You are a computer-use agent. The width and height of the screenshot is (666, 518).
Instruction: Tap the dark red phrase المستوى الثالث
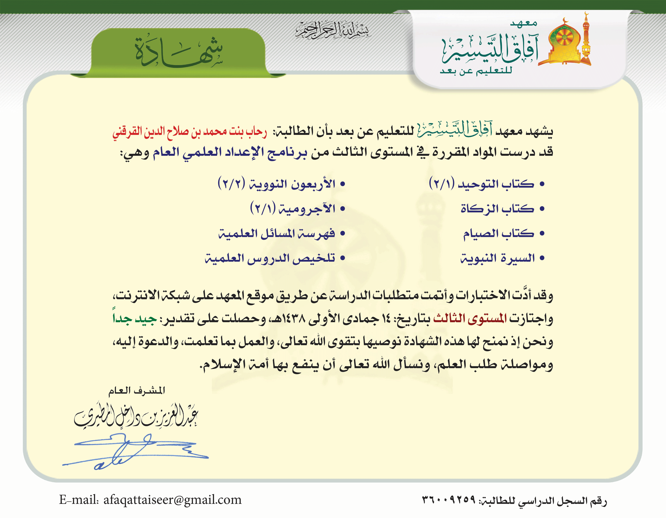(x=470, y=319)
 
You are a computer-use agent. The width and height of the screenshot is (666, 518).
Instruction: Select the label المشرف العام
(x=137, y=391)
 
